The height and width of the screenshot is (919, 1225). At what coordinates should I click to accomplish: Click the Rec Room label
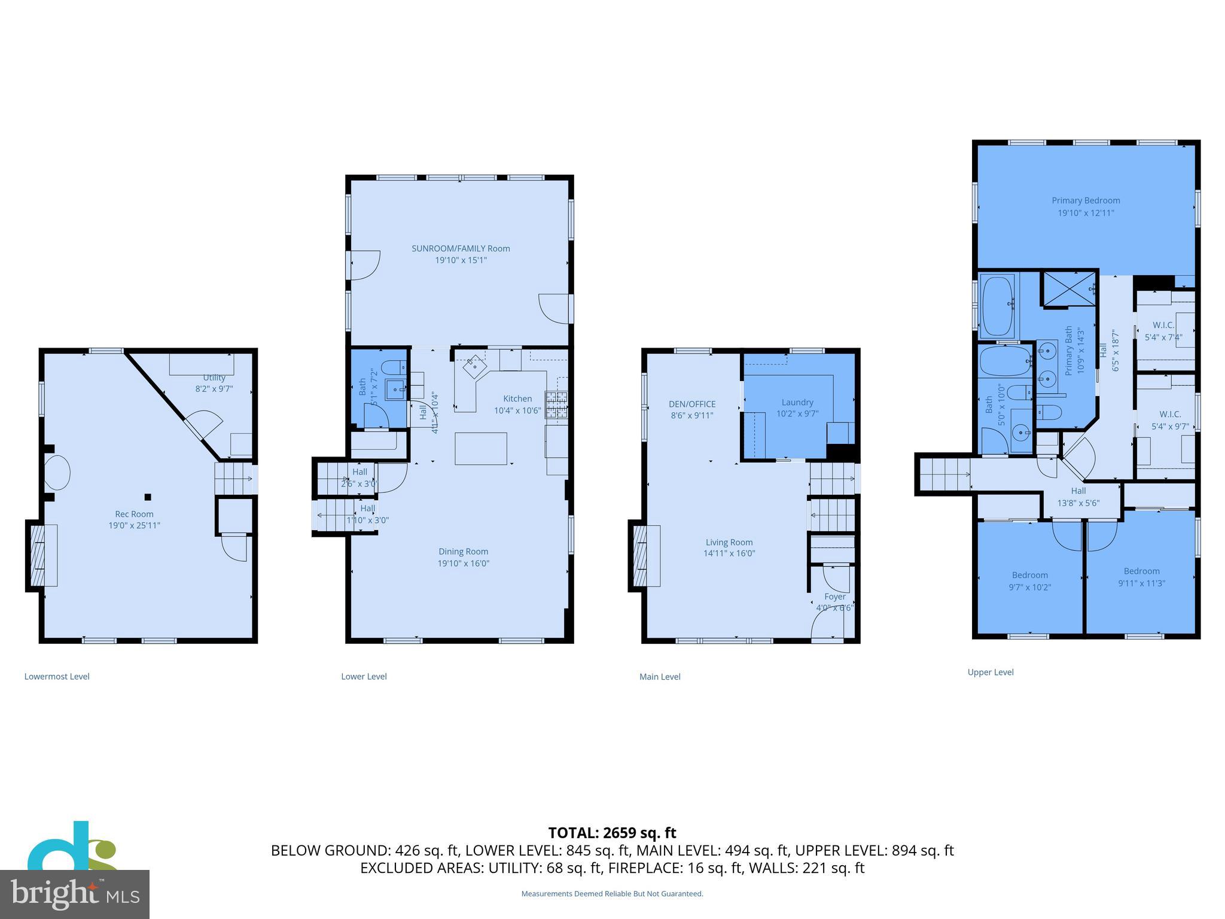134,514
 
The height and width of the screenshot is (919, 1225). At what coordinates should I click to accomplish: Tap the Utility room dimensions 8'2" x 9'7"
214,389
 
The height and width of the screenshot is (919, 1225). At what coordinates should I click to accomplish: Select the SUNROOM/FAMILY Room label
461,248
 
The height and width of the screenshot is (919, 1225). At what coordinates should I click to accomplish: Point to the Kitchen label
517,398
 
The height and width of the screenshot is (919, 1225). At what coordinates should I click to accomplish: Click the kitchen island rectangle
481,449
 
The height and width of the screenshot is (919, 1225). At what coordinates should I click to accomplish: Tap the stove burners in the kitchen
556,404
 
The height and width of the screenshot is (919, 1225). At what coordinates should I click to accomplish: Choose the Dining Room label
463,552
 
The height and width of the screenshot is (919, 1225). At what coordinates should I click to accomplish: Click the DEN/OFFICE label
692,404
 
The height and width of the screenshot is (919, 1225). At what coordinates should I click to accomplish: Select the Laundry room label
797,402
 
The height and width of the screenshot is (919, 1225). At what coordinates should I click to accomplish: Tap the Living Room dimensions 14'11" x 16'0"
729,553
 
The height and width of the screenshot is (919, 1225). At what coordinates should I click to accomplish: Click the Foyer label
835,597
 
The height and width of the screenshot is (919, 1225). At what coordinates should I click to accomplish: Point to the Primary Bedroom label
1086,200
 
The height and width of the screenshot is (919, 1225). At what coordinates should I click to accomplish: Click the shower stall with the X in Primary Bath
1069,288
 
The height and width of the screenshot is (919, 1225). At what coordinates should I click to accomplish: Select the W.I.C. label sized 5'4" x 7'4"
1163,325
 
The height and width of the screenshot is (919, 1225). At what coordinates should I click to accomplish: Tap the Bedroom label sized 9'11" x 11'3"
1141,571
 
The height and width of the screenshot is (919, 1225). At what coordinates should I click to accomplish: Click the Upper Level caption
991,672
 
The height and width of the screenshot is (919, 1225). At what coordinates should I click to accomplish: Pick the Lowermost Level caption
57,677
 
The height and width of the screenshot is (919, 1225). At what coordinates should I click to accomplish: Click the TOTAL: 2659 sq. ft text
612,832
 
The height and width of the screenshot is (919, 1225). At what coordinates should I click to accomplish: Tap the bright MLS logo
75,894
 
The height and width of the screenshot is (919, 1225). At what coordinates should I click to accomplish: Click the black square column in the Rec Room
148,497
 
